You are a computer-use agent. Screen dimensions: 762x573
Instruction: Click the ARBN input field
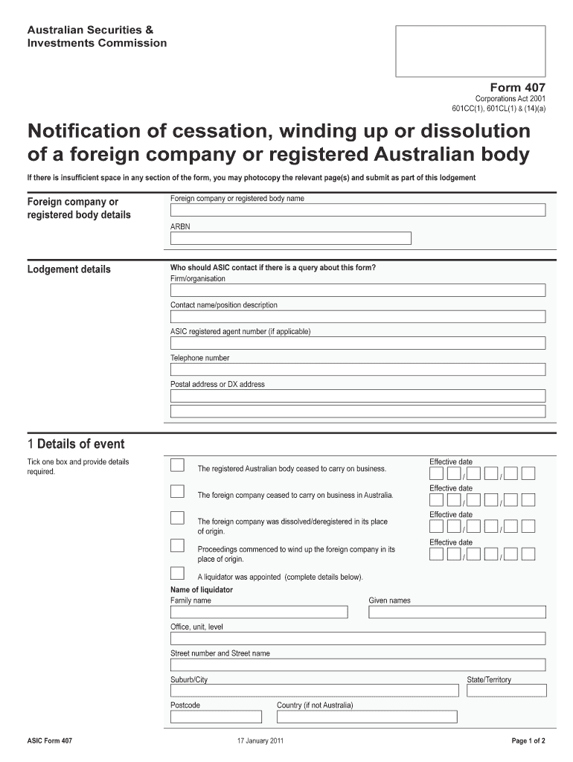290,238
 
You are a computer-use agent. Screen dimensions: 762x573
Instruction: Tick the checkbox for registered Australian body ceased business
177,466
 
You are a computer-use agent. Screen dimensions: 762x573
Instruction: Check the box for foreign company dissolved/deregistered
177,518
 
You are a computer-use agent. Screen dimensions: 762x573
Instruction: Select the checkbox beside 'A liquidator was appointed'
177,573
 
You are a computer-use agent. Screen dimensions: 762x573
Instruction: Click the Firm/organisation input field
357,290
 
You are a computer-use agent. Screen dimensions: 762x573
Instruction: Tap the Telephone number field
357,369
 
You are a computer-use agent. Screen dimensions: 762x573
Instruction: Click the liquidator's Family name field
258,612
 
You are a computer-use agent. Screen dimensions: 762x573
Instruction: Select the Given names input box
457,612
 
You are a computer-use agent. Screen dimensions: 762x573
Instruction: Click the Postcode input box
216,717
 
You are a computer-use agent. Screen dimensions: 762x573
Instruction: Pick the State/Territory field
506,691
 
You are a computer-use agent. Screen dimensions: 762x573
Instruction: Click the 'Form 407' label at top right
517,87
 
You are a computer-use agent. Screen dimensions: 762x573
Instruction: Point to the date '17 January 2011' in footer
260,741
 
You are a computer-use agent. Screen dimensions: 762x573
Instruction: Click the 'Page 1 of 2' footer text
528,741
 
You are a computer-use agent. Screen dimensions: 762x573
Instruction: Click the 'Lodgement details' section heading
68,269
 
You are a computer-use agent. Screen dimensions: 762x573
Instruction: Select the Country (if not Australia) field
367,717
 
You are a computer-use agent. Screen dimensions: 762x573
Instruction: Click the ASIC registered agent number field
357,343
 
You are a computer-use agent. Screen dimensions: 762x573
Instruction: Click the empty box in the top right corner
470,51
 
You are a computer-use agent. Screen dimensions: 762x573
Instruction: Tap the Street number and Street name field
357,665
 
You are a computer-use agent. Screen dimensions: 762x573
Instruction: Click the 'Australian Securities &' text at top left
90,30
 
